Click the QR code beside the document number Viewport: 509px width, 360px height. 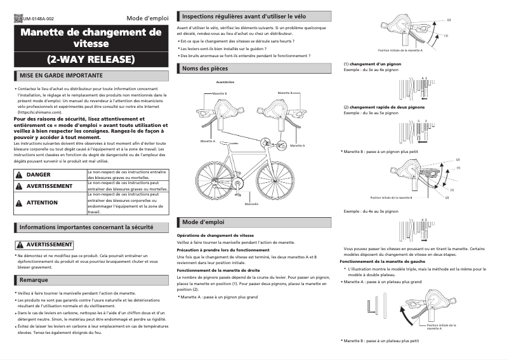tap(17, 18)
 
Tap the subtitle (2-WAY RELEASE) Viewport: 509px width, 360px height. tap(91, 60)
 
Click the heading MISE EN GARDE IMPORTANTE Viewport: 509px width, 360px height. tap(61, 76)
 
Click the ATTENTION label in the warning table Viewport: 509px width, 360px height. tap(42, 203)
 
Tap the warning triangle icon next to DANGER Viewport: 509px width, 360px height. tap(20, 174)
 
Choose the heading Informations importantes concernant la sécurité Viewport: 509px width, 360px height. tap(86, 227)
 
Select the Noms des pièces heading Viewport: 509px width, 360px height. tap(204, 68)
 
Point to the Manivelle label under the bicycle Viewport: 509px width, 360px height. tap(251, 204)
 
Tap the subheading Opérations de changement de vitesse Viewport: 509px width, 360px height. tap(215, 235)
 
